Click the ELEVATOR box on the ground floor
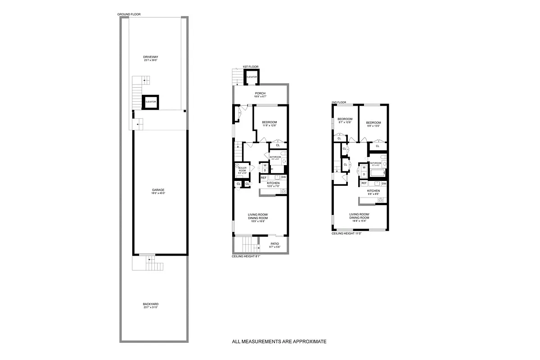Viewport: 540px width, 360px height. point(150,102)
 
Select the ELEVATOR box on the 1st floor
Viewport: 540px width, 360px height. point(252,77)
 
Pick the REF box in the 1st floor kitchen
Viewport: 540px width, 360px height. point(264,177)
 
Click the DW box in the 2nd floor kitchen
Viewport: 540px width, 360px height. point(384,184)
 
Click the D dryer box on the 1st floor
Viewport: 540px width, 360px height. point(265,170)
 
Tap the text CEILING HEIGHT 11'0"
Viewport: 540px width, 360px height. point(347,234)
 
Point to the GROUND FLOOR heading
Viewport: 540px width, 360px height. point(129,14)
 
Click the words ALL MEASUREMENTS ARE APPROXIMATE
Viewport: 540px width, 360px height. point(279,342)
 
